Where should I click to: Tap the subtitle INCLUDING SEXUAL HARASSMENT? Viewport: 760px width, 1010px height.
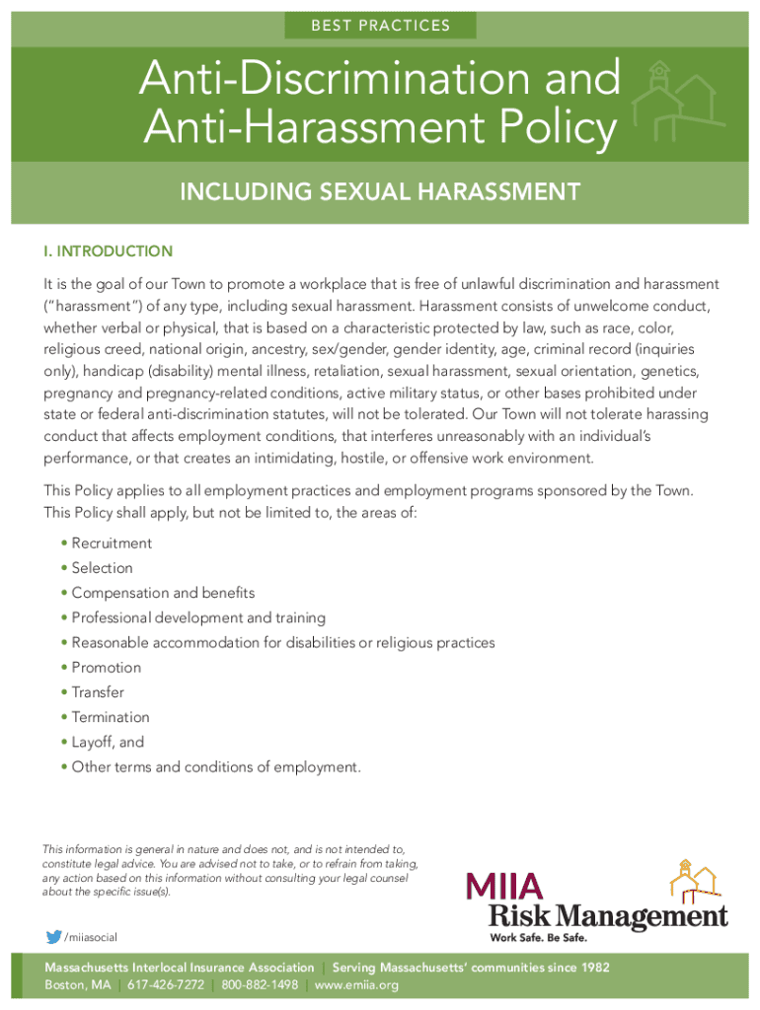tap(379, 191)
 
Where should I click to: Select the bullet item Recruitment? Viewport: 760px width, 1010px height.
tap(112, 543)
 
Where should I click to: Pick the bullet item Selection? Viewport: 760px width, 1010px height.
tap(102, 568)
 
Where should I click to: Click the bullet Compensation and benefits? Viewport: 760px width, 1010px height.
tap(163, 593)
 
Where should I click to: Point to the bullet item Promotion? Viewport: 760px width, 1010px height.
tap(107, 668)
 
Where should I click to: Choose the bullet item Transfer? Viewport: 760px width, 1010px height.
tap(98, 692)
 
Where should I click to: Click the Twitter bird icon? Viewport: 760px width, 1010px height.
tap(53, 937)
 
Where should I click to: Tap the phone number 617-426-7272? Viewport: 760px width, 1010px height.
tap(165, 985)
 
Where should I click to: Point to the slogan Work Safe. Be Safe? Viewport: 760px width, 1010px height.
tap(539, 937)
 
